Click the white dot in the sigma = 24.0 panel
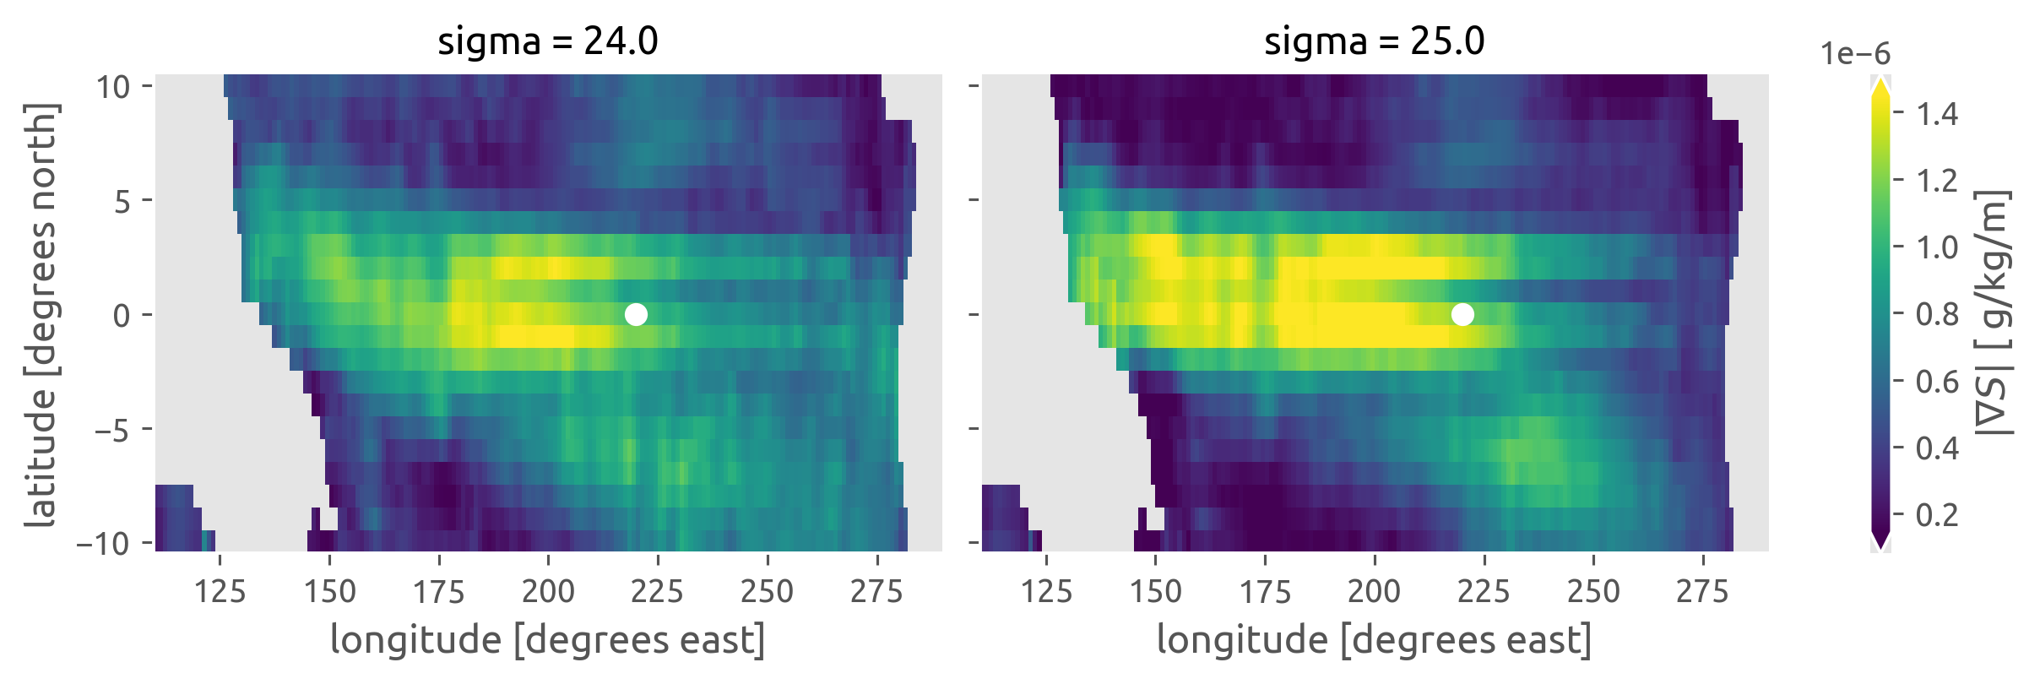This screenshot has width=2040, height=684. pos(636,314)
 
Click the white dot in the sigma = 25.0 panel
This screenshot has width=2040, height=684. pos(1462,314)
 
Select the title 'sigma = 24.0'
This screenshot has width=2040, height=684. pos(547,41)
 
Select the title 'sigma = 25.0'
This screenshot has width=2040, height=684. pos(1374,41)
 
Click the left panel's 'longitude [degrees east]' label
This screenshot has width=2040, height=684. pos(547,639)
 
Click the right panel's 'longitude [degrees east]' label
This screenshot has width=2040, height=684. pos(1374,639)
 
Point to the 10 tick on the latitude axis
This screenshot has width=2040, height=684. pos(112,86)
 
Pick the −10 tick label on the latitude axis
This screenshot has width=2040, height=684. pos(103,543)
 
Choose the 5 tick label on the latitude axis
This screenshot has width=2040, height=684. pos(122,201)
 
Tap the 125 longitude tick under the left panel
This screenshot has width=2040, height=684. pos(220,591)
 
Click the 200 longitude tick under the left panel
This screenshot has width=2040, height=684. pos(548,591)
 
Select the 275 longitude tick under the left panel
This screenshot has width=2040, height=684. pos(876,591)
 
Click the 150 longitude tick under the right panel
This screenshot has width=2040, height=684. pos(1156,591)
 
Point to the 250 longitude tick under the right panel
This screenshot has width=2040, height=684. pos(1593,591)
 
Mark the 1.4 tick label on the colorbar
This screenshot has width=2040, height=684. pos(1937,113)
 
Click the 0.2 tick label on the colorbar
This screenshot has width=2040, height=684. pos(1937,514)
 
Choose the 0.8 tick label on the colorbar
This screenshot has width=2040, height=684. pos(1937,314)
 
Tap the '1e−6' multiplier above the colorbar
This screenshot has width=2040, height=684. pos(1855,54)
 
